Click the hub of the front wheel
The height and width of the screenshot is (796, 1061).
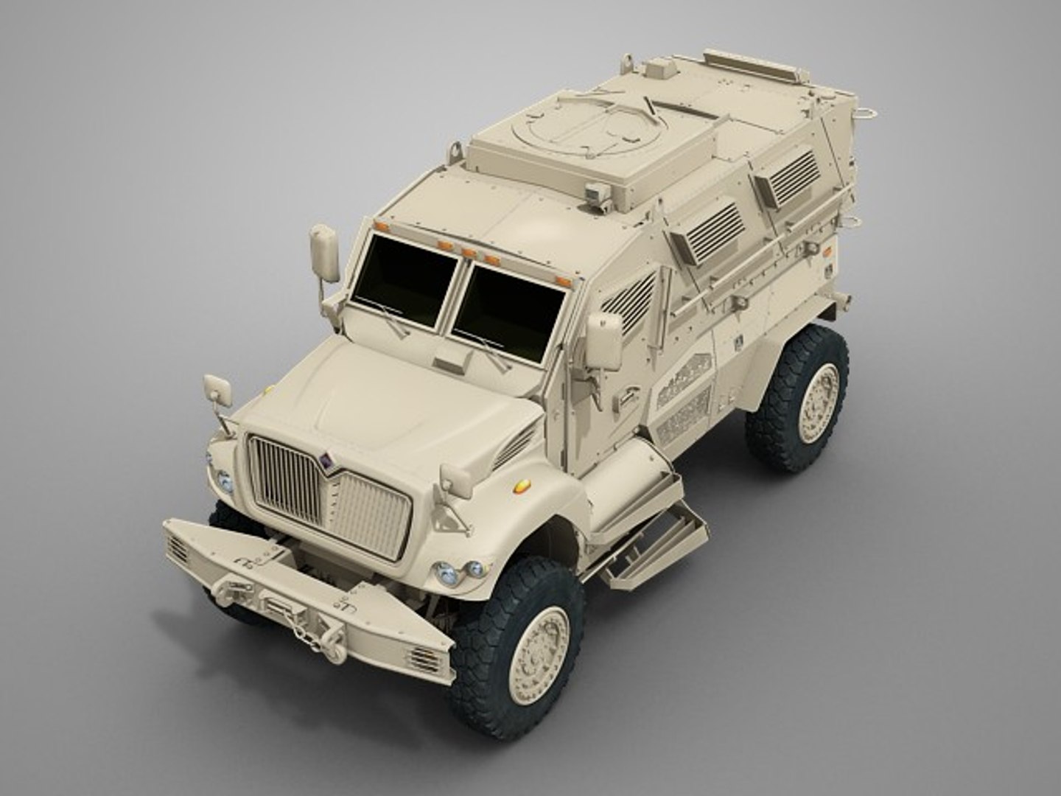point(540,646)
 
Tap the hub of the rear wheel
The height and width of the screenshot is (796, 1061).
point(819,403)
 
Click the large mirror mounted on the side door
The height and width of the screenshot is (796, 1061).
point(603,341)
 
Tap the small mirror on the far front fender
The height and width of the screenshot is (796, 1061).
point(218,391)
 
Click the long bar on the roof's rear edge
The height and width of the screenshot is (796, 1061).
point(754,63)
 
